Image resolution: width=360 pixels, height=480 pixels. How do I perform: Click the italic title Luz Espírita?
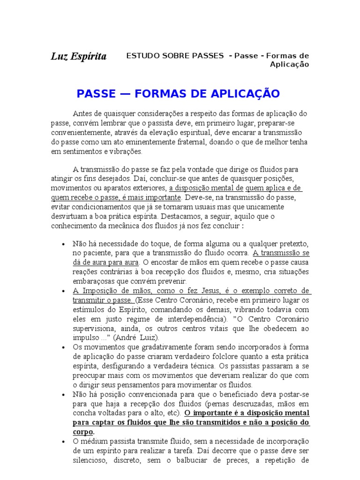tap(79, 57)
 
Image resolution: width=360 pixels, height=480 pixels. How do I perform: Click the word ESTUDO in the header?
tap(140, 56)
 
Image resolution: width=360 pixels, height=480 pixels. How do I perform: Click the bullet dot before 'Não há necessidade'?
tap(63, 244)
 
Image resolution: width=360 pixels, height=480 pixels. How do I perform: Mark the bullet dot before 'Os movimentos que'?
tap(63, 347)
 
